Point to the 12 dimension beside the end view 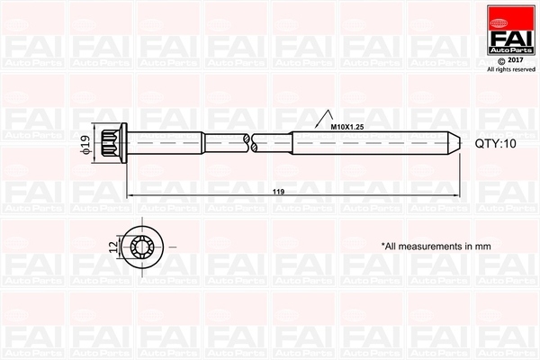pos(112,245)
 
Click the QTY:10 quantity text pos(496,143)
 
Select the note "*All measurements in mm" pos(436,245)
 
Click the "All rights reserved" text pos(511,68)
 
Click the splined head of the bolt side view pos(112,142)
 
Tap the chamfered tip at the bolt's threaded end pos(455,142)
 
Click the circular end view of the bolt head pos(142,245)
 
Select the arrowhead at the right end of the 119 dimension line pos(456,193)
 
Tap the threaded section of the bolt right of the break pos(369,142)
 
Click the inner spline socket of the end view pos(142,245)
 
